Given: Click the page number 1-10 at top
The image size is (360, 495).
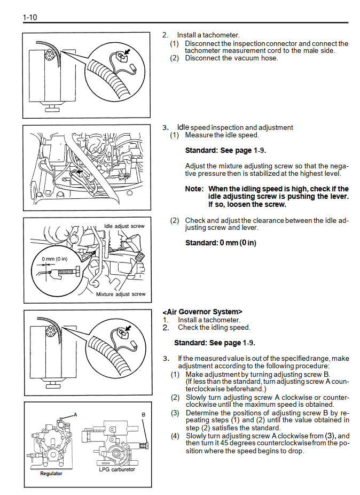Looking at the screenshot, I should click(x=29, y=18).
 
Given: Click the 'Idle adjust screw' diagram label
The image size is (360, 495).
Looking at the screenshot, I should click(x=124, y=226).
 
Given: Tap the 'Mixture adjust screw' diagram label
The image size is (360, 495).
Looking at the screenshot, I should click(x=121, y=294).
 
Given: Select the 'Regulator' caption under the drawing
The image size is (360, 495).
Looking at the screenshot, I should click(x=51, y=474).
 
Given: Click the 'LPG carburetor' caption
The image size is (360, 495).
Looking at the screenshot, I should click(x=117, y=469).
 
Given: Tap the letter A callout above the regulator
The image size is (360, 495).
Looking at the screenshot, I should click(x=75, y=414).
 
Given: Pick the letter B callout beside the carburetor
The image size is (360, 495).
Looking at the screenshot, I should click(x=143, y=414).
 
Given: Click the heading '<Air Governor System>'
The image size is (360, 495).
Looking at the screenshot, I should click(x=202, y=312).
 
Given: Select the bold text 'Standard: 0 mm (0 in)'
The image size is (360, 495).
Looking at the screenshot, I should click(x=221, y=243).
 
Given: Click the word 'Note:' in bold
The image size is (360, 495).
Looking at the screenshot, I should click(x=194, y=189).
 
